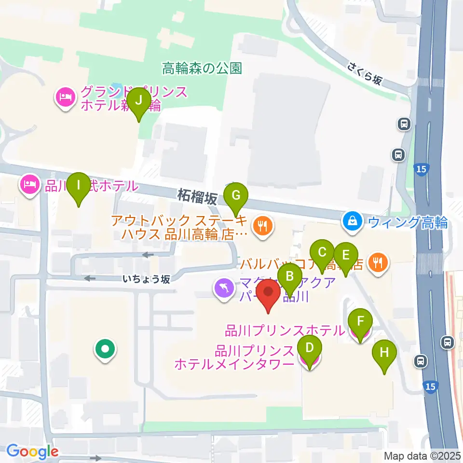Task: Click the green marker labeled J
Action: [x=139, y=101]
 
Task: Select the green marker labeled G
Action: [x=236, y=196]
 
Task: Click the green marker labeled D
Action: [x=310, y=349]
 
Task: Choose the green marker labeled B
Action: [x=290, y=277]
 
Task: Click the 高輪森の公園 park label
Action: [x=202, y=68]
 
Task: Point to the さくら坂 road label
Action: [x=364, y=73]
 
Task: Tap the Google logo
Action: [x=32, y=451]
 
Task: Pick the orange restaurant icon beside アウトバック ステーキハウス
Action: [x=262, y=225]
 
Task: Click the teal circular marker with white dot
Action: [x=105, y=349]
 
